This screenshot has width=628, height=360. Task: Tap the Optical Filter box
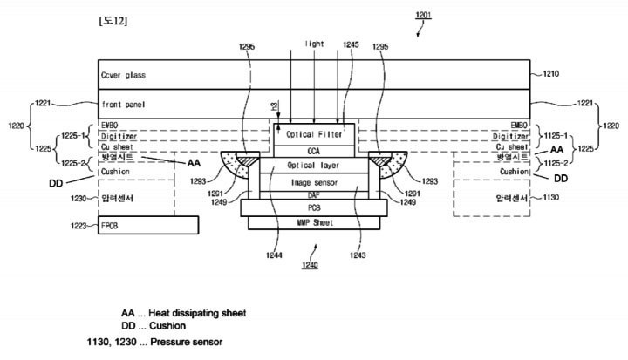coord(315,135)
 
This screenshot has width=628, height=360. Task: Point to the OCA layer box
coord(315,151)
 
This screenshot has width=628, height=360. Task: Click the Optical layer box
coord(315,165)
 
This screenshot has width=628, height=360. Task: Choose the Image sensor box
coord(315,182)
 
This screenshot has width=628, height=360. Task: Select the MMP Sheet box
coord(315,223)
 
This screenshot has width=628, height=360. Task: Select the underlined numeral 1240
coord(310,264)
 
